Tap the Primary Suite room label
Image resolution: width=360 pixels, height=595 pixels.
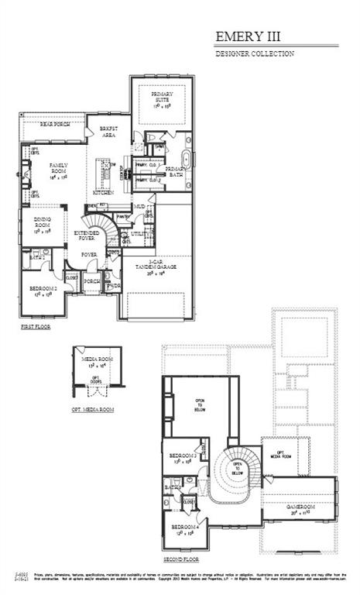(162, 97)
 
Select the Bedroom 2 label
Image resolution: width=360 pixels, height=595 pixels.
(41, 291)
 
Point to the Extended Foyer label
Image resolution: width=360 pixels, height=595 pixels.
(85, 236)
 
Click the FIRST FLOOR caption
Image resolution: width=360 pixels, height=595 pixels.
(36, 328)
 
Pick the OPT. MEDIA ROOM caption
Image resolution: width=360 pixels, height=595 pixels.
(93, 408)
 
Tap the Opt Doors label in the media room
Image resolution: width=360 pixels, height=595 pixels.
(96, 381)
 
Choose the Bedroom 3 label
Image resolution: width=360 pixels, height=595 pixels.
(183, 458)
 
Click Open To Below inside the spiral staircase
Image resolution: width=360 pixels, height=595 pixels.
(237, 468)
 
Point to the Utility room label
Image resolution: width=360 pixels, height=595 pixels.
(140, 232)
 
